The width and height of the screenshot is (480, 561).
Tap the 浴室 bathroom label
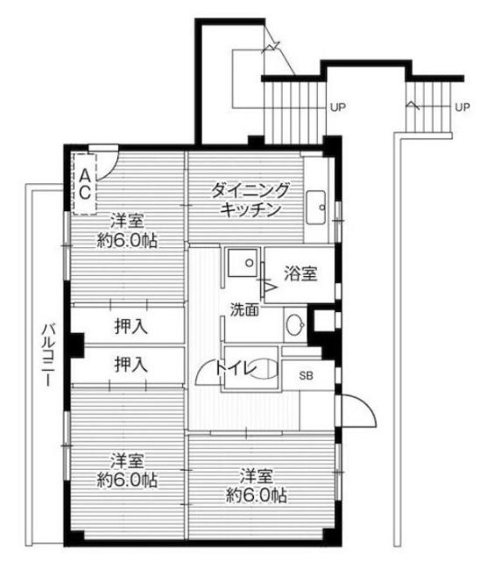pyautogui.click(x=300, y=274)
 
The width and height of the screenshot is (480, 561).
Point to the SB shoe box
pyautogui.click(x=306, y=375)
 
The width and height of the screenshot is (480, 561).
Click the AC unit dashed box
pyautogui.click(x=85, y=183)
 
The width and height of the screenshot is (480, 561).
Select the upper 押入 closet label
pyautogui.click(x=131, y=326)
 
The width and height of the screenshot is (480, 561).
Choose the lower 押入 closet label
pyautogui.click(x=131, y=363)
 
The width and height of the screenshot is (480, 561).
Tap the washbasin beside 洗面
pyautogui.click(x=294, y=323)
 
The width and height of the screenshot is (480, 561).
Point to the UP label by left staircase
pyautogui.click(x=337, y=108)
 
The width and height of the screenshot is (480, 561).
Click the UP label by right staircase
pyautogui.click(x=462, y=108)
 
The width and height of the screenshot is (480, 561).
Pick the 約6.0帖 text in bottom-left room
pyautogui.click(x=127, y=479)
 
